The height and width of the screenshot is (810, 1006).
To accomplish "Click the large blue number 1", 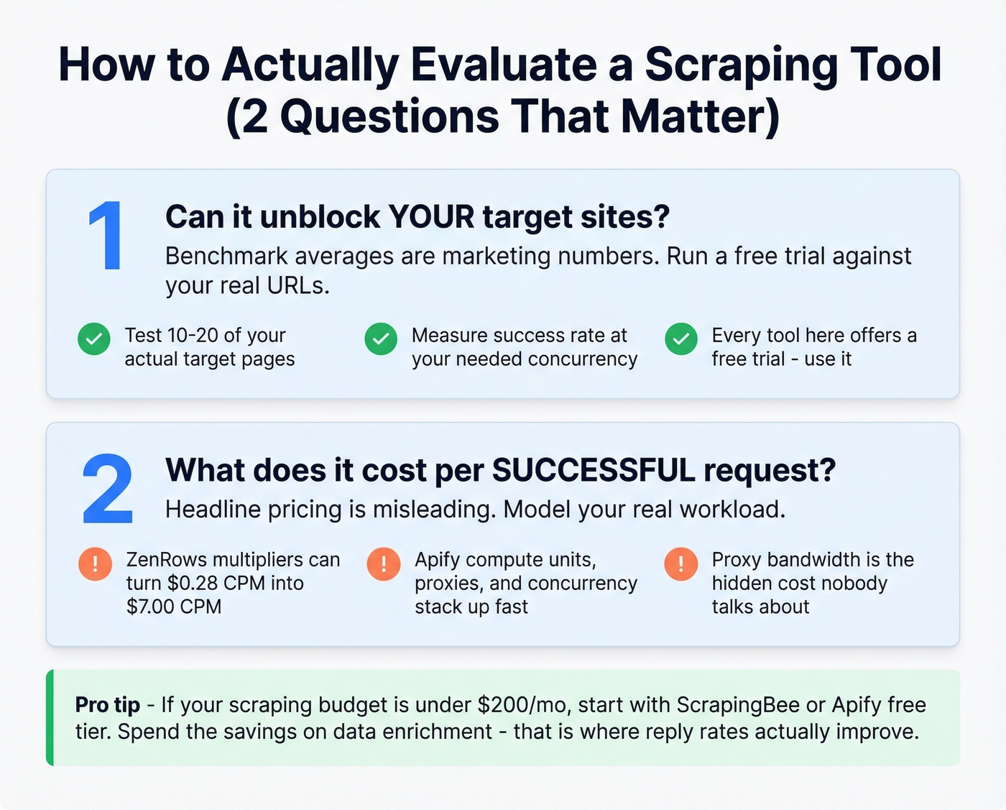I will pos(106,236).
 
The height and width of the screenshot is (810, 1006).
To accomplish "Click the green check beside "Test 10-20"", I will pos(94,339).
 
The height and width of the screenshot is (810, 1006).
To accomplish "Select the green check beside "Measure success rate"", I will pos(381,339).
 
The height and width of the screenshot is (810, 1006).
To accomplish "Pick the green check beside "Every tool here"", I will pos(681,339).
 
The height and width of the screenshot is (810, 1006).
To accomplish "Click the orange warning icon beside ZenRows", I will pos(95,563).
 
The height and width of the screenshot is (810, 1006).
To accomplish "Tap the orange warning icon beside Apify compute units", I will pos(383,563).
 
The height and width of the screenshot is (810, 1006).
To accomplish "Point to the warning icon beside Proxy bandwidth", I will pos(681,563).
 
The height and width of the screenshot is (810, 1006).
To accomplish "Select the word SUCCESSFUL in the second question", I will pos(594,471).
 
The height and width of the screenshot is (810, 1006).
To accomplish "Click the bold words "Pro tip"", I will pos(108,704).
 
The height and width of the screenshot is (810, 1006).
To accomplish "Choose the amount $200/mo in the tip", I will pos(522,704).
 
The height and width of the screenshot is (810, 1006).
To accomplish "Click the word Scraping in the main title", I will pos(741,65).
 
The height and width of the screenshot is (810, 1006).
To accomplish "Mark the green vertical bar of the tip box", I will pos(50,717).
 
